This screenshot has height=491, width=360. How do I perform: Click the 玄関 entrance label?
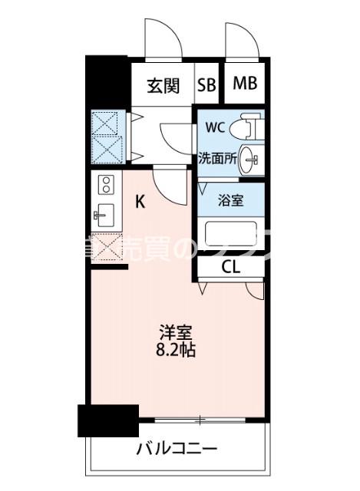tap(163, 85)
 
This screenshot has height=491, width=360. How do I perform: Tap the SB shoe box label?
tap(207, 85)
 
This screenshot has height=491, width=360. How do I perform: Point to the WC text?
tap(215, 127)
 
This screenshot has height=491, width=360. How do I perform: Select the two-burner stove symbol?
tap(106, 183)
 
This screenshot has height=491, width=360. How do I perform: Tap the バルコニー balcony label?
tap(177, 449)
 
